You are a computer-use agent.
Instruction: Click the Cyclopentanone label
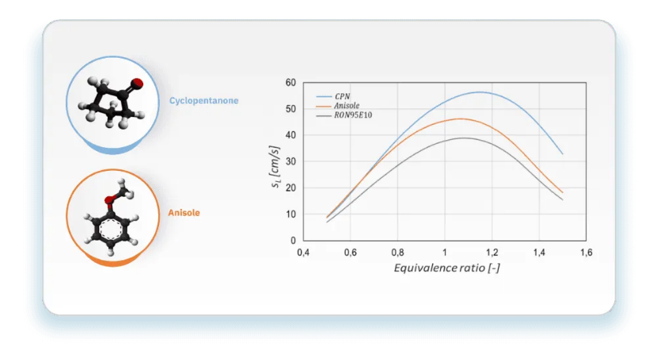(203, 101)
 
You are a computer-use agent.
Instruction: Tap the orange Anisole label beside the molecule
(184, 213)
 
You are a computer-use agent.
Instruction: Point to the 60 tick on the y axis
(291, 82)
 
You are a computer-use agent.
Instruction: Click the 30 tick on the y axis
(291, 161)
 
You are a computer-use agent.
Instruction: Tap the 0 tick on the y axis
(293, 241)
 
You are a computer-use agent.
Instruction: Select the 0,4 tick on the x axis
(303, 252)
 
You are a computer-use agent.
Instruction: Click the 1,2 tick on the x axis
(492, 252)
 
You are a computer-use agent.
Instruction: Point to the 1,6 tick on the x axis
(587, 252)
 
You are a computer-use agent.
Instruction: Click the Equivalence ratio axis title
(446, 268)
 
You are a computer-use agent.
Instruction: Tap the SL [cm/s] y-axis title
(275, 167)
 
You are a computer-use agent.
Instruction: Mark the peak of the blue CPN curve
(480, 92)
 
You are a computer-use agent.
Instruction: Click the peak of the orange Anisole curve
(460, 119)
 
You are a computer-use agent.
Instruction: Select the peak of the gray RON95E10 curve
(463, 138)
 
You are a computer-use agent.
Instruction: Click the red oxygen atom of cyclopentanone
(137, 84)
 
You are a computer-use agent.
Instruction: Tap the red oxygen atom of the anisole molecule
(109, 200)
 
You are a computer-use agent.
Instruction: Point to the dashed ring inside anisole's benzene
(111, 229)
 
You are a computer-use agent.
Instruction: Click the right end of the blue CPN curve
(563, 154)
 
